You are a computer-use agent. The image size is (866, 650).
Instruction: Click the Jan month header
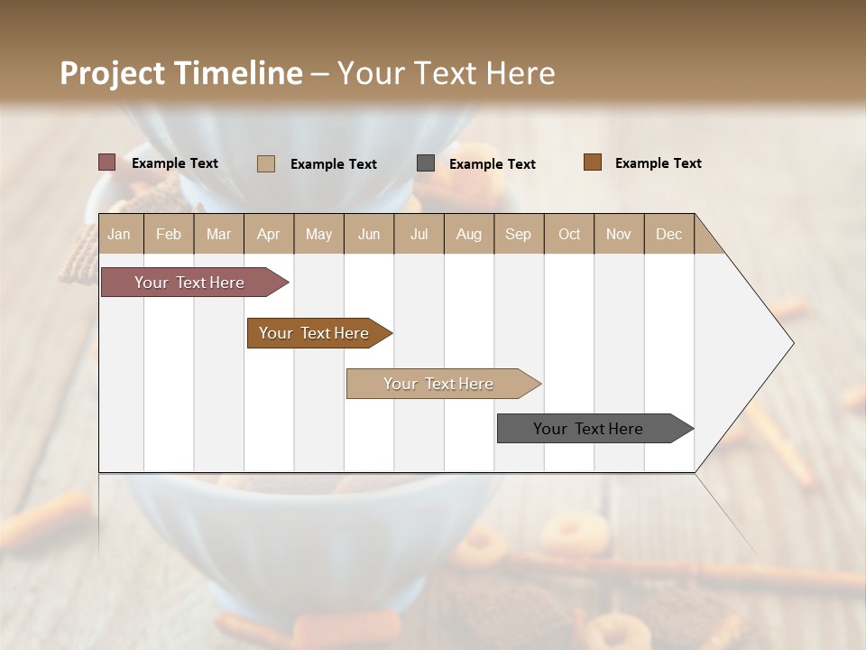pyautogui.click(x=119, y=234)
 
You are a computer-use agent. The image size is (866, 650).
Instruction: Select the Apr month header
pyautogui.click(x=268, y=234)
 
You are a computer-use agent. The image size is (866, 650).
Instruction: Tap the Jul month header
pyautogui.click(x=419, y=234)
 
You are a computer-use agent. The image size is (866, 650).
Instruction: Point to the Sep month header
pyautogui.click(x=518, y=234)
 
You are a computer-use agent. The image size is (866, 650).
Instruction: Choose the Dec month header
pyautogui.click(x=668, y=234)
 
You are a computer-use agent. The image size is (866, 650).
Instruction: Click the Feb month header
pyautogui.click(x=169, y=234)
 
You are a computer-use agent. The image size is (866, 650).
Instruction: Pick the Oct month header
pyautogui.click(x=569, y=234)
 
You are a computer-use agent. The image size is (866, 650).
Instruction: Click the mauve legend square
pyautogui.click(x=107, y=162)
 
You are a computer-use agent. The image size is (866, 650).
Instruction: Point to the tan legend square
pyautogui.click(x=266, y=163)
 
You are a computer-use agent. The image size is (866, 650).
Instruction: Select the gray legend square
pyautogui.click(x=426, y=163)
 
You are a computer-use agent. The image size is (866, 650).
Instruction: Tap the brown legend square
pyautogui.click(x=593, y=162)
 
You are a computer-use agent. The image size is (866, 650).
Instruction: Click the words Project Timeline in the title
pyautogui.click(x=181, y=73)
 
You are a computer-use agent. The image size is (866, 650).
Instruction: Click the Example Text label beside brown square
pyautogui.click(x=658, y=163)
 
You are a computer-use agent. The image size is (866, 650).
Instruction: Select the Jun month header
pyautogui.click(x=369, y=234)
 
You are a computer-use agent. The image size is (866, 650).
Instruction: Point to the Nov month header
pyautogui.click(x=619, y=234)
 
